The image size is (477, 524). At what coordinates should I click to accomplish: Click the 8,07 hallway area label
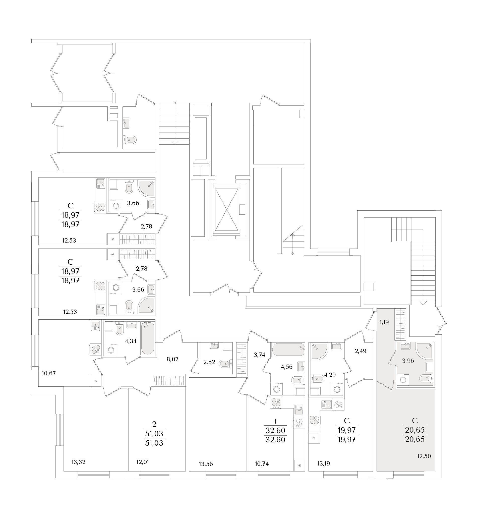pos(172,360)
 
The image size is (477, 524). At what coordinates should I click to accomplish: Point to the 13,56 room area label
pos(206,464)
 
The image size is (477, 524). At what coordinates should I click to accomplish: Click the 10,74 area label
pos(262,464)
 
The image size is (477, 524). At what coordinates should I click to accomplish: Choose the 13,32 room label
pos(79,462)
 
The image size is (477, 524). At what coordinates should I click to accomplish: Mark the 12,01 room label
pos(143,462)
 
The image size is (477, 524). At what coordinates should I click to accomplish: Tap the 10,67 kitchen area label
pos(49,374)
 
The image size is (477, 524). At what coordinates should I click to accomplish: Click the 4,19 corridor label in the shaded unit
pos(384,322)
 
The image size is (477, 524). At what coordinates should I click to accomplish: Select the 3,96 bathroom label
pos(408,361)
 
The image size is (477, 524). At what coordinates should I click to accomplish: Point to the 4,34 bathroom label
pos(131,341)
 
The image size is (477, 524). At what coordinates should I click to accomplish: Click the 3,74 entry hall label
pos(259,355)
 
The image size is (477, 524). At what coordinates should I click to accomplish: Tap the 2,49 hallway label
pos(361,351)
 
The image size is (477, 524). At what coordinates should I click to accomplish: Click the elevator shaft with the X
pos(227,210)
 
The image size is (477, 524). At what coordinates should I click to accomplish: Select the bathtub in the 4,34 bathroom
pos(148,338)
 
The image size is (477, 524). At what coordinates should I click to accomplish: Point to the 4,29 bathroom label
pos(330,375)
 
